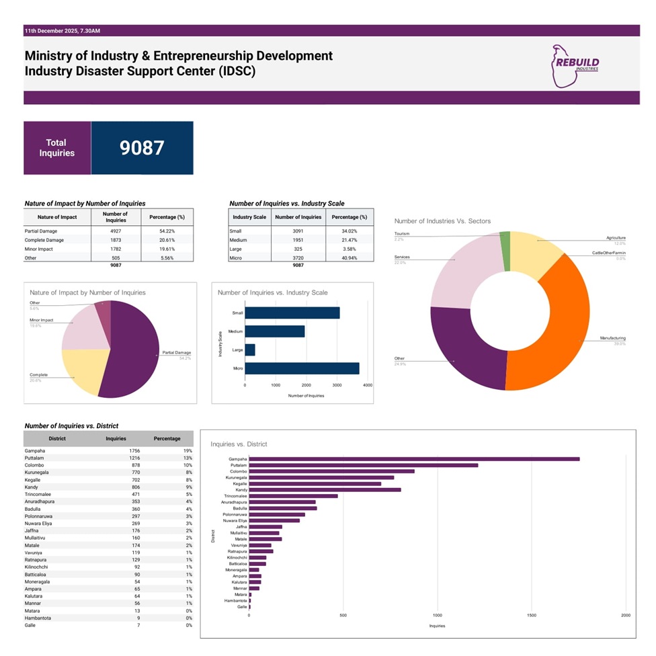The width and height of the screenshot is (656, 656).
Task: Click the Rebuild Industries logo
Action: point(574,66)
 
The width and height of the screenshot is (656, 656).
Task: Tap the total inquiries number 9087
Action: point(142,148)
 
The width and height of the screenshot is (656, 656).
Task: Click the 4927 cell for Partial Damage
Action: point(116,231)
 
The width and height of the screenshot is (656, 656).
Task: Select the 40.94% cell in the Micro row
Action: point(349,258)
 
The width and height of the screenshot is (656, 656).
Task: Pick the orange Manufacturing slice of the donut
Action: point(551,329)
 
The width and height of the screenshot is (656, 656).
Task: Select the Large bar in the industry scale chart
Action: point(249,350)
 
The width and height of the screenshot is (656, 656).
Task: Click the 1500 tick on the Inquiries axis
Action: point(532,615)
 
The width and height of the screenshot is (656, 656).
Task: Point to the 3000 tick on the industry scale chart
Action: point(337,385)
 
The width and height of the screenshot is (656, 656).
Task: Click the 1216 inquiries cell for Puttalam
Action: point(116,458)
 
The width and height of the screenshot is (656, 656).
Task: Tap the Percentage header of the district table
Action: point(167,439)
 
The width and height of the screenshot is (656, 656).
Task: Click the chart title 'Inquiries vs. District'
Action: point(239,444)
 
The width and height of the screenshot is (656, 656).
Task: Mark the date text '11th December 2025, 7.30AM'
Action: point(63,31)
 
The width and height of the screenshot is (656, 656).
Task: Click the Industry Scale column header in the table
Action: point(249,217)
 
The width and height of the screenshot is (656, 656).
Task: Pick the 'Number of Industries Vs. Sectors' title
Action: point(442,221)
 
